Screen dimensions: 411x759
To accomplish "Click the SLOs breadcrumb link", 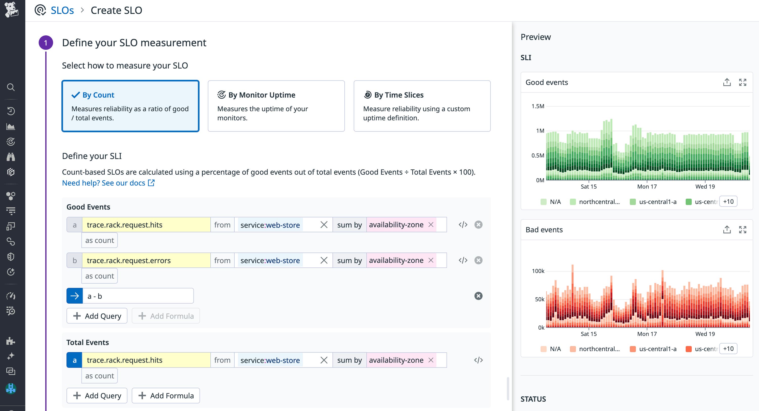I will click(x=62, y=10).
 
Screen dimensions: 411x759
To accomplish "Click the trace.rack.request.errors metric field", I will click(x=146, y=260).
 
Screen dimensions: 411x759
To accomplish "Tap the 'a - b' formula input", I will click(x=138, y=296).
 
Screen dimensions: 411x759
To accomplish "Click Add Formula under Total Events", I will click(x=166, y=395).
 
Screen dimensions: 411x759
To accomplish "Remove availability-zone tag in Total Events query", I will click(x=431, y=360).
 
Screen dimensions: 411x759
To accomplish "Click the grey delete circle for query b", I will click(x=478, y=260).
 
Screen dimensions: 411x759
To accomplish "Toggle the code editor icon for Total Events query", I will click(x=478, y=360).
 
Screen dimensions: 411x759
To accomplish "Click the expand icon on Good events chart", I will click(x=743, y=82).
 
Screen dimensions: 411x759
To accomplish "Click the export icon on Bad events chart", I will click(x=727, y=230).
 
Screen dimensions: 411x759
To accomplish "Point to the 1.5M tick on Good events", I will click(x=538, y=106).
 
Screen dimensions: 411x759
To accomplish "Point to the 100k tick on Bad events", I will click(x=538, y=271).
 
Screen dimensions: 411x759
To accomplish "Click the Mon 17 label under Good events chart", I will click(x=647, y=187).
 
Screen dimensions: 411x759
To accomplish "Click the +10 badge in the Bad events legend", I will click(x=728, y=349).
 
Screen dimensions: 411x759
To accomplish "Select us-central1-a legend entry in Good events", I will click(x=657, y=202).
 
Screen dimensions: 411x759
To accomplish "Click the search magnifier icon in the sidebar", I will click(x=11, y=87).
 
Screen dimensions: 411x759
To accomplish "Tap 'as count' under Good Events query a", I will click(x=100, y=240).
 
